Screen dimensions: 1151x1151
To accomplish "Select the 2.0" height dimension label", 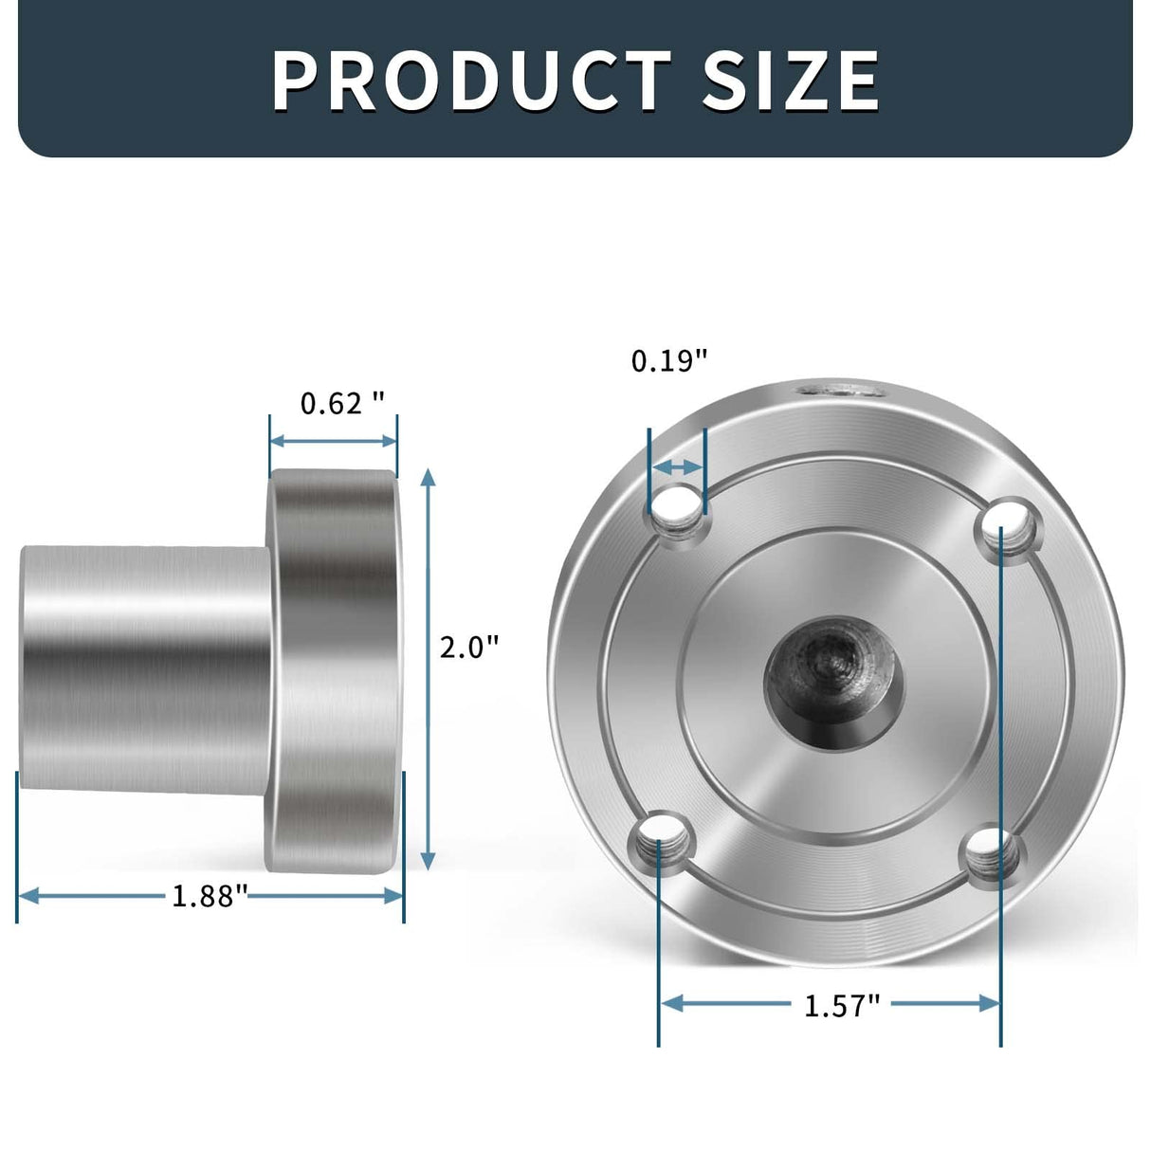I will [469, 648].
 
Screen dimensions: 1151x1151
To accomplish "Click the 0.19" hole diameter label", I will [669, 360].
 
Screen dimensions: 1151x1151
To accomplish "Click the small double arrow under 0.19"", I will [677, 466].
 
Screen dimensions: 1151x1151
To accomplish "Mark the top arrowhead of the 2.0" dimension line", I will [429, 477].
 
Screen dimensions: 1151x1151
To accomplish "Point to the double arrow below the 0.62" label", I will [333, 441].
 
